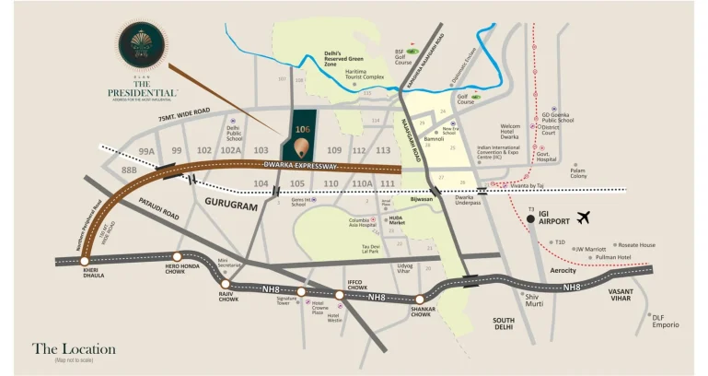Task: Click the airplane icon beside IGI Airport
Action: coord(582,217)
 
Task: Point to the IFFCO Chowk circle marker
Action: coord(339,295)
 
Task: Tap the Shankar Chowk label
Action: coord(422,310)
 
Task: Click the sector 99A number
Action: coord(146,149)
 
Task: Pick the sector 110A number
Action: coord(361,183)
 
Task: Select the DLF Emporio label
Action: coord(666,321)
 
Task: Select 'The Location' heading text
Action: coord(74,349)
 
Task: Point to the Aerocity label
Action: coord(563,270)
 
